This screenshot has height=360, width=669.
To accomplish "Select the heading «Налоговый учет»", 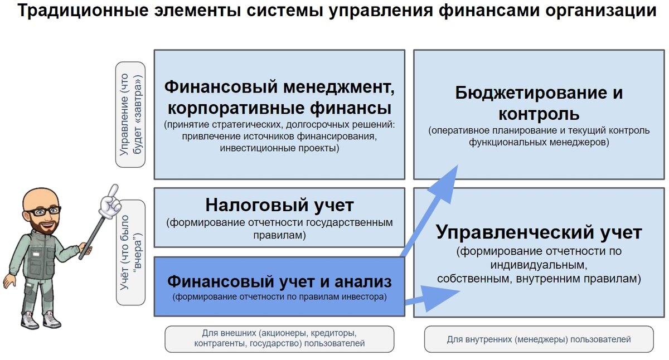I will tap(279, 205).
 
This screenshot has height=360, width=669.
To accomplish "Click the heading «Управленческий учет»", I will tap(539, 232).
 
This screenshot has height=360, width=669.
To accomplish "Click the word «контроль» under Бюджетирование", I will tap(539, 114).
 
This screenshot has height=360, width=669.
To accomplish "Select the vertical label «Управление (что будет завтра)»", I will tap(130, 114).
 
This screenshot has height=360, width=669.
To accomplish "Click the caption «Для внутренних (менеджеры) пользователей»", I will tap(539, 339).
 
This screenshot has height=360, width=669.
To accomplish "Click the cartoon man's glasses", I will tap(45, 211).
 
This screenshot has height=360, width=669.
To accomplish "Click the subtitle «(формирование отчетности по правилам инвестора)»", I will tap(279, 297).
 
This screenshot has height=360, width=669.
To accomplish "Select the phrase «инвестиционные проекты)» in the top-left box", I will tap(279, 148).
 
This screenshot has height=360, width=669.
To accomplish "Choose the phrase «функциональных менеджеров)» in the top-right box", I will tap(539, 142).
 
